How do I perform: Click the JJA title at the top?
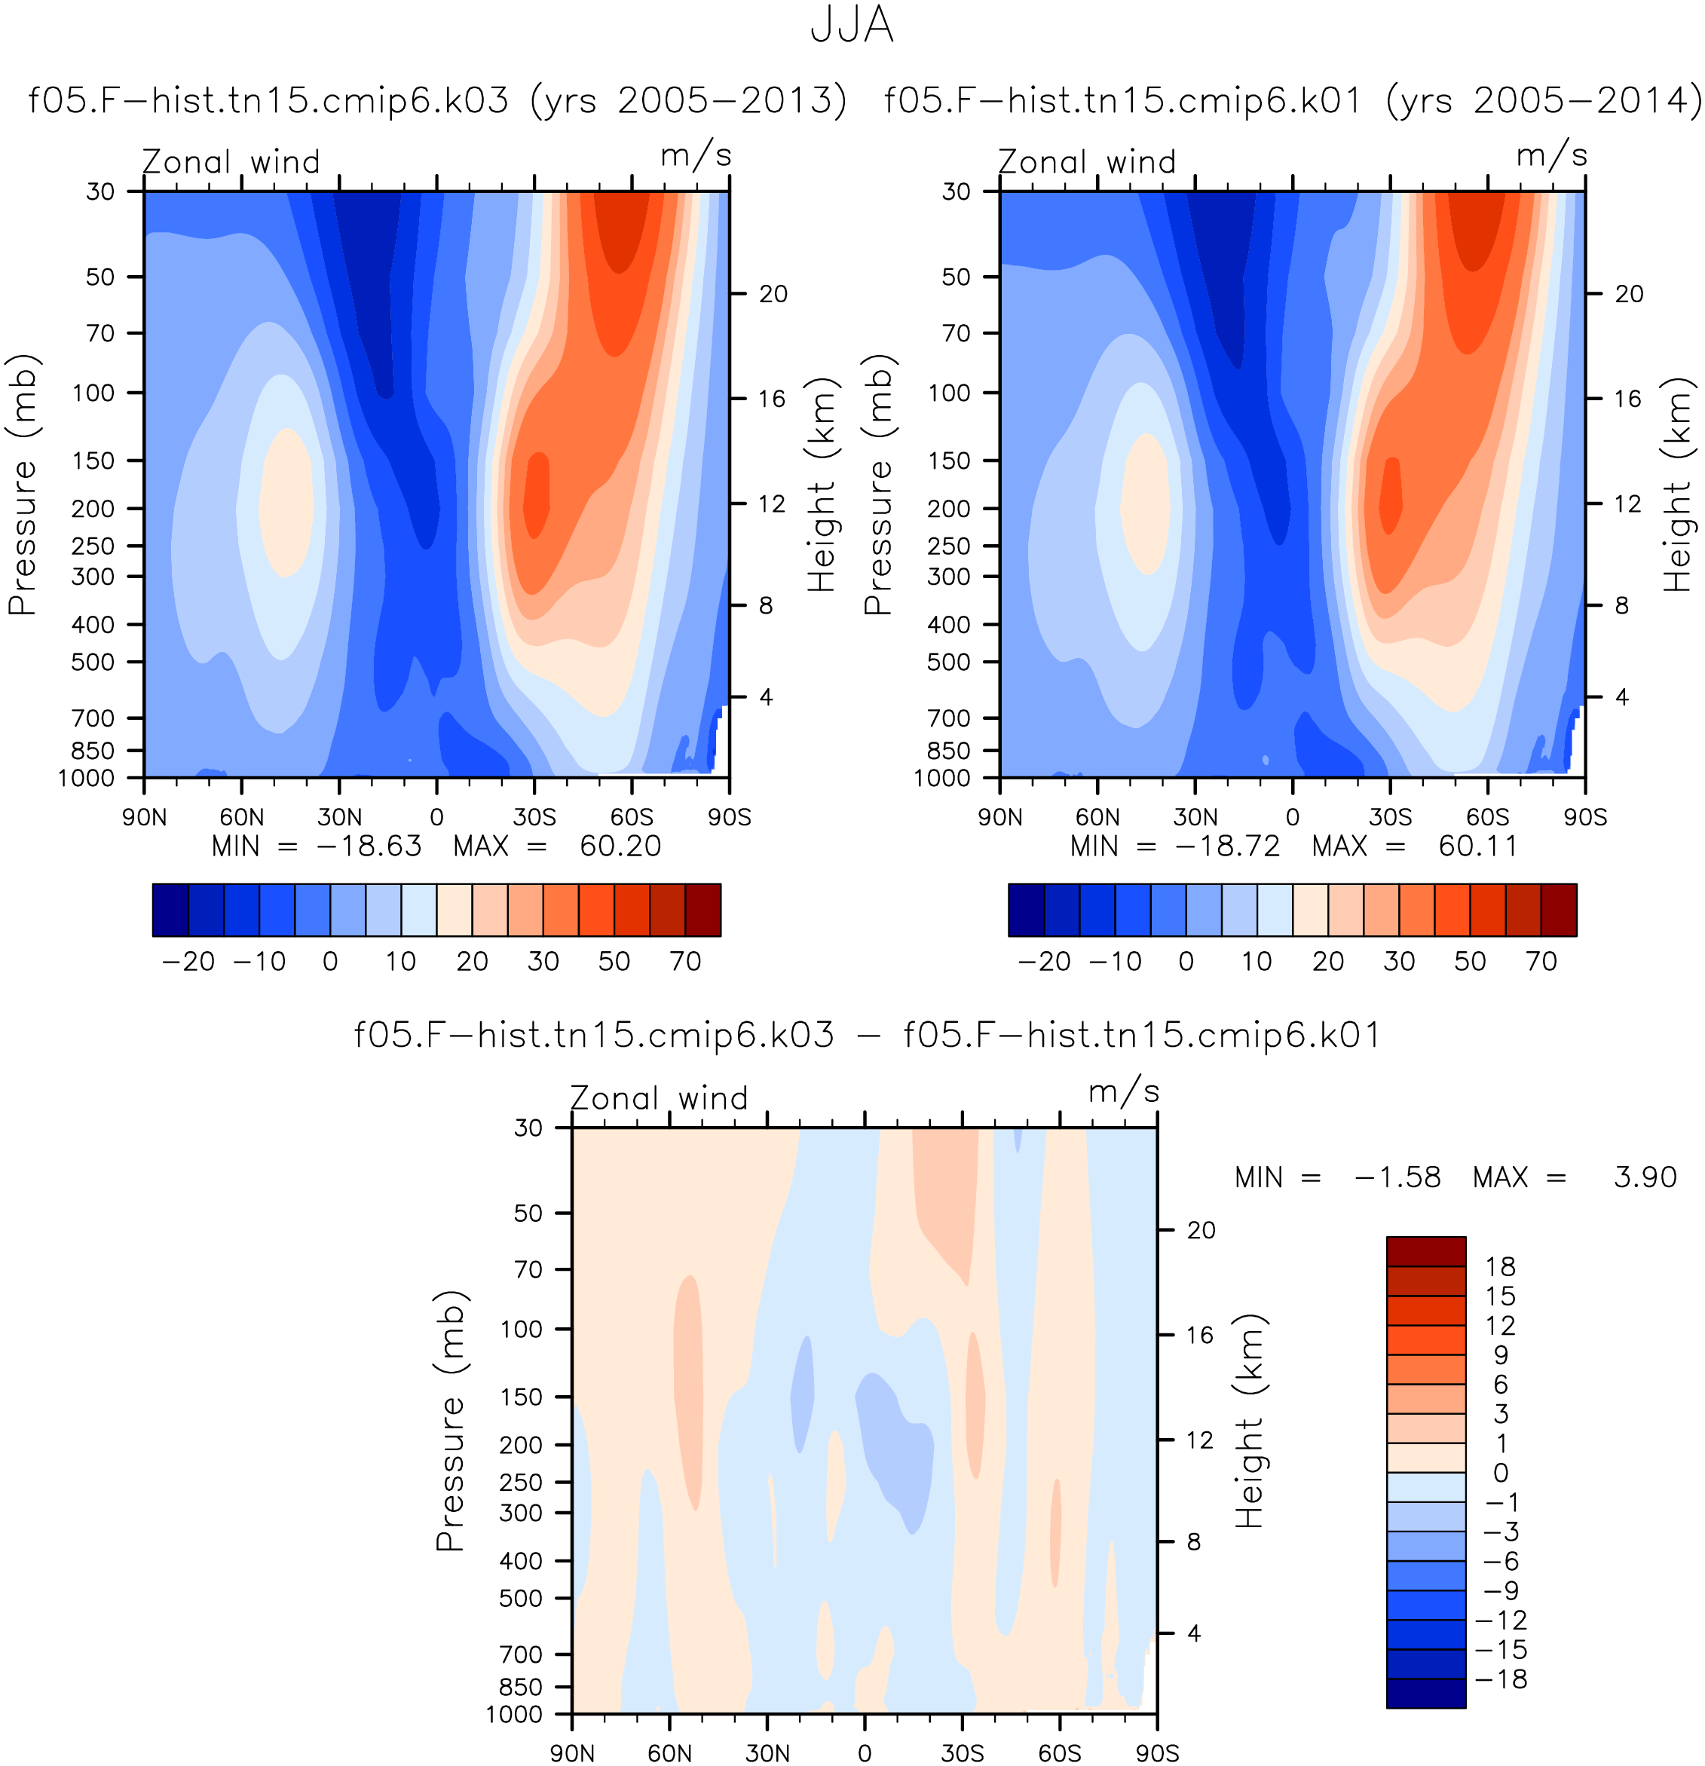pyautogui.click(x=852, y=25)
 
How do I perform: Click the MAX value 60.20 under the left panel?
pyautogui.click(x=620, y=846)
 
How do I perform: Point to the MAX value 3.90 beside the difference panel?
pyautogui.click(x=1645, y=1177)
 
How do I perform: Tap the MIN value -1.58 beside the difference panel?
pyautogui.click(x=1397, y=1177)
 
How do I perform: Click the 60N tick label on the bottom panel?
pyautogui.click(x=669, y=1752)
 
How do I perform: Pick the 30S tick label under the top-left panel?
pyautogui.click(x=534, y=817)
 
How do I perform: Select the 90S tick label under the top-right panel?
pyautogui.click(x=1585, y=817)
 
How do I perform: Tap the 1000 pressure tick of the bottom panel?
pyautogui.click(x=515, y=1714)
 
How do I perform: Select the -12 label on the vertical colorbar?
pyautogui.click(x=1501, y=1620)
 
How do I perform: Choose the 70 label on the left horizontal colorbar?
pyautogui.click(x=686, y=962)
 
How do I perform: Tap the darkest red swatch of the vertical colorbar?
pyautogui.click(x=1425, y=1251)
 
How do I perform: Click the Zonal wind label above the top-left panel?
pyautogui.click(x=231, y=162)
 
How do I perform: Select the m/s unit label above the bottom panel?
pyautogui.click(x=1124, y=1092)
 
